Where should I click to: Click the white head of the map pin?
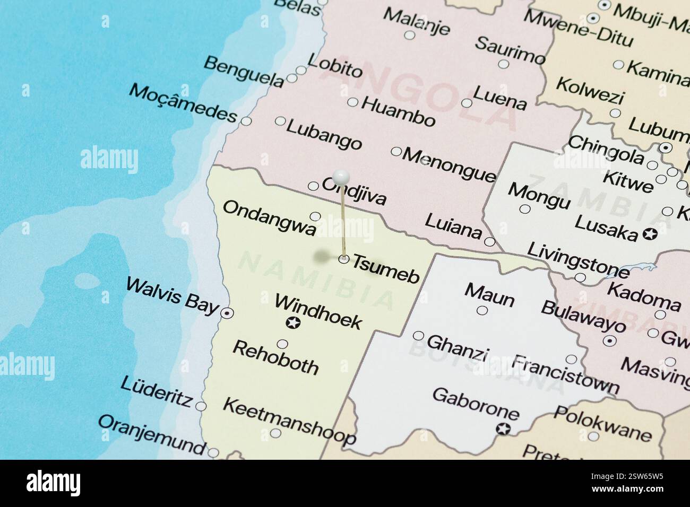coord(341,175)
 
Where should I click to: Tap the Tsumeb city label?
coord(386,269)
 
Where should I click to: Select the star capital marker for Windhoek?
coord(292,322)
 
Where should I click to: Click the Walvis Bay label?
coord(172,299)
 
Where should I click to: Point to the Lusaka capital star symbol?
coord(649,233)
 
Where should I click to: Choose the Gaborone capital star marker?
coord(503,429)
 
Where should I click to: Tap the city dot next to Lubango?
coord(280,121)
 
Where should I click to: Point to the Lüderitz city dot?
coord(201,406)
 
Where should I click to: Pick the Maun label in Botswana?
coord(489,295)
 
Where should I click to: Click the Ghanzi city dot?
coord(418,336)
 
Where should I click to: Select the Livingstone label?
coord(578,260)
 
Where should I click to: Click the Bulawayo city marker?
coord(609,340)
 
